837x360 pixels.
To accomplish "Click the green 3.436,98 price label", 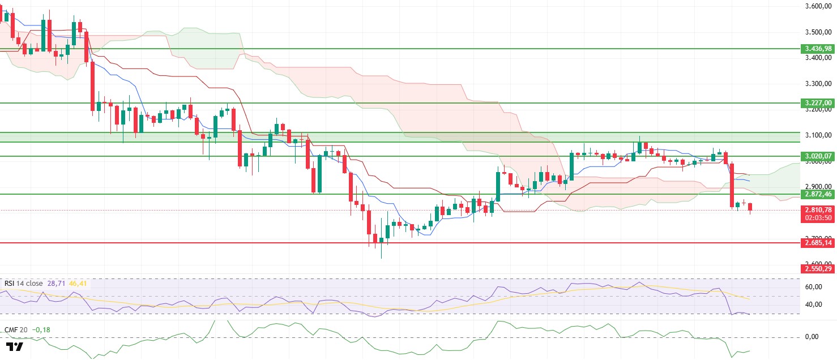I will coord(817,49).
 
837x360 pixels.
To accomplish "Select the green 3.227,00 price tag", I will coord(817,103).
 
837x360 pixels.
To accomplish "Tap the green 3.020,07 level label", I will coord(817,156).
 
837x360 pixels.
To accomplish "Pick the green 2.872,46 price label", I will coord(817,194).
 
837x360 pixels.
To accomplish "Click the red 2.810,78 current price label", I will coord(817,210).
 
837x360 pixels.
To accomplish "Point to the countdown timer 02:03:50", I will coord(817,218).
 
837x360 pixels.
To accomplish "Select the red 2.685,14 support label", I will coord(817,243).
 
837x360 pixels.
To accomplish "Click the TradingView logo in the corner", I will coord(15,347).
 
